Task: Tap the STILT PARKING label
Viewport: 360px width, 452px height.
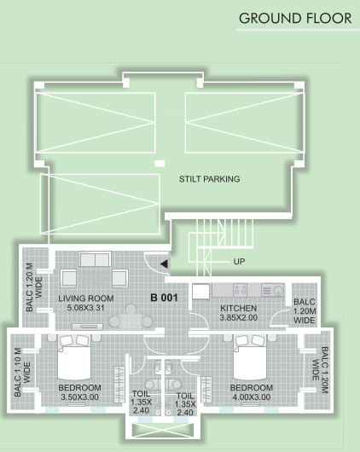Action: coord(209,179)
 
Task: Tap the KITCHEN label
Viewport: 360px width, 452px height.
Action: coord(239,308)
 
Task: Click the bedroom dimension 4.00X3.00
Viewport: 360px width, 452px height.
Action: coord(252,398)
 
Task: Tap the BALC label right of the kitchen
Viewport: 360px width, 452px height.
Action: coord(305,312)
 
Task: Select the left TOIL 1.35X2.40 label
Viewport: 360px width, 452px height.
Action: coord(141,402)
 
